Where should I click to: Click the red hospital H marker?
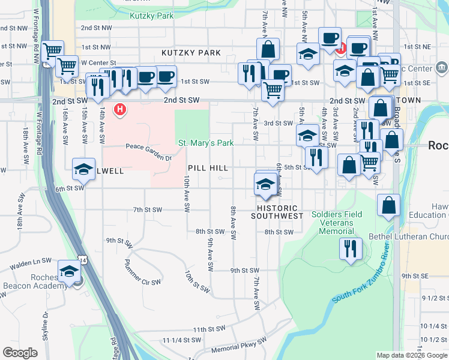(120, 110)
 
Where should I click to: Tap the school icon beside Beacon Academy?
(69, 272)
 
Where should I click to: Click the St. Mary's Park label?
(206, 143)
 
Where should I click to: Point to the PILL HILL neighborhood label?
(208, 169)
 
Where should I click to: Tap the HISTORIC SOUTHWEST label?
(277, 212)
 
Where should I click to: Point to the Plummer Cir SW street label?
(142, 272)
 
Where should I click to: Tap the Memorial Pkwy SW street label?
(238, 347)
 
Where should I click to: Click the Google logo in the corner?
(20, 353)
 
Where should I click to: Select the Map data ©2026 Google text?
(412, 355)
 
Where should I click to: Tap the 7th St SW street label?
(148, 210)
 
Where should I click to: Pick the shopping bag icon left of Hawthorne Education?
(389, 205)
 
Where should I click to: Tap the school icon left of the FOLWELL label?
(84, 169)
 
